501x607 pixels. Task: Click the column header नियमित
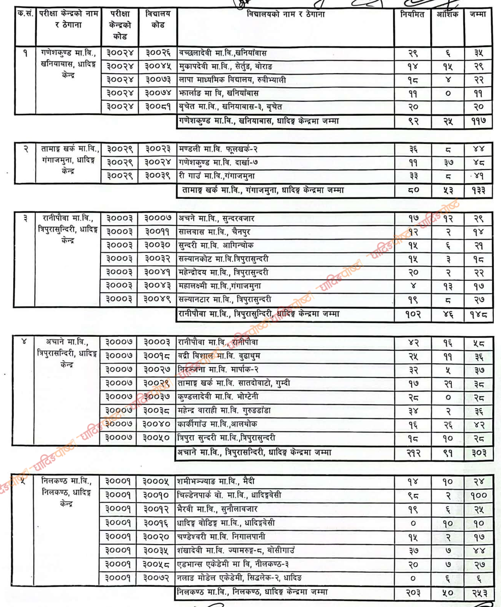(x=412, y=15)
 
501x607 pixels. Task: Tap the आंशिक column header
(x=447, y=15)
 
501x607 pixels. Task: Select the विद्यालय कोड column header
(x=158, y=19)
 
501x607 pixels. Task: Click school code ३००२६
(x=158, y=53)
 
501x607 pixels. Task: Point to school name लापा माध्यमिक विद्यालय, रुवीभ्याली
(x=232, y=80)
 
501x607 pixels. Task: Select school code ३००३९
(x=158, y=176)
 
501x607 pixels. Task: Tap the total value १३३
(x=478, y=190)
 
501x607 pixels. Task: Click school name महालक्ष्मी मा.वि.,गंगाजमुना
(x=220, y=286)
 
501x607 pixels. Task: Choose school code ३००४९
(x=157, y=299)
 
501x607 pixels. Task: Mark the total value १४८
(x=478, y=315)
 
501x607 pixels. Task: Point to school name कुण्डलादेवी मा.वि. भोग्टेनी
(x=218, y=397)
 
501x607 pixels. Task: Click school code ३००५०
(x=156, y=437)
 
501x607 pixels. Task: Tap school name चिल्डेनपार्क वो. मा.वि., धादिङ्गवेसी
(x=229, y=495)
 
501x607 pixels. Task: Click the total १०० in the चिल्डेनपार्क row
(x=478, y=495)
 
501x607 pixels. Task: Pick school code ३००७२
(x=156, y=578)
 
